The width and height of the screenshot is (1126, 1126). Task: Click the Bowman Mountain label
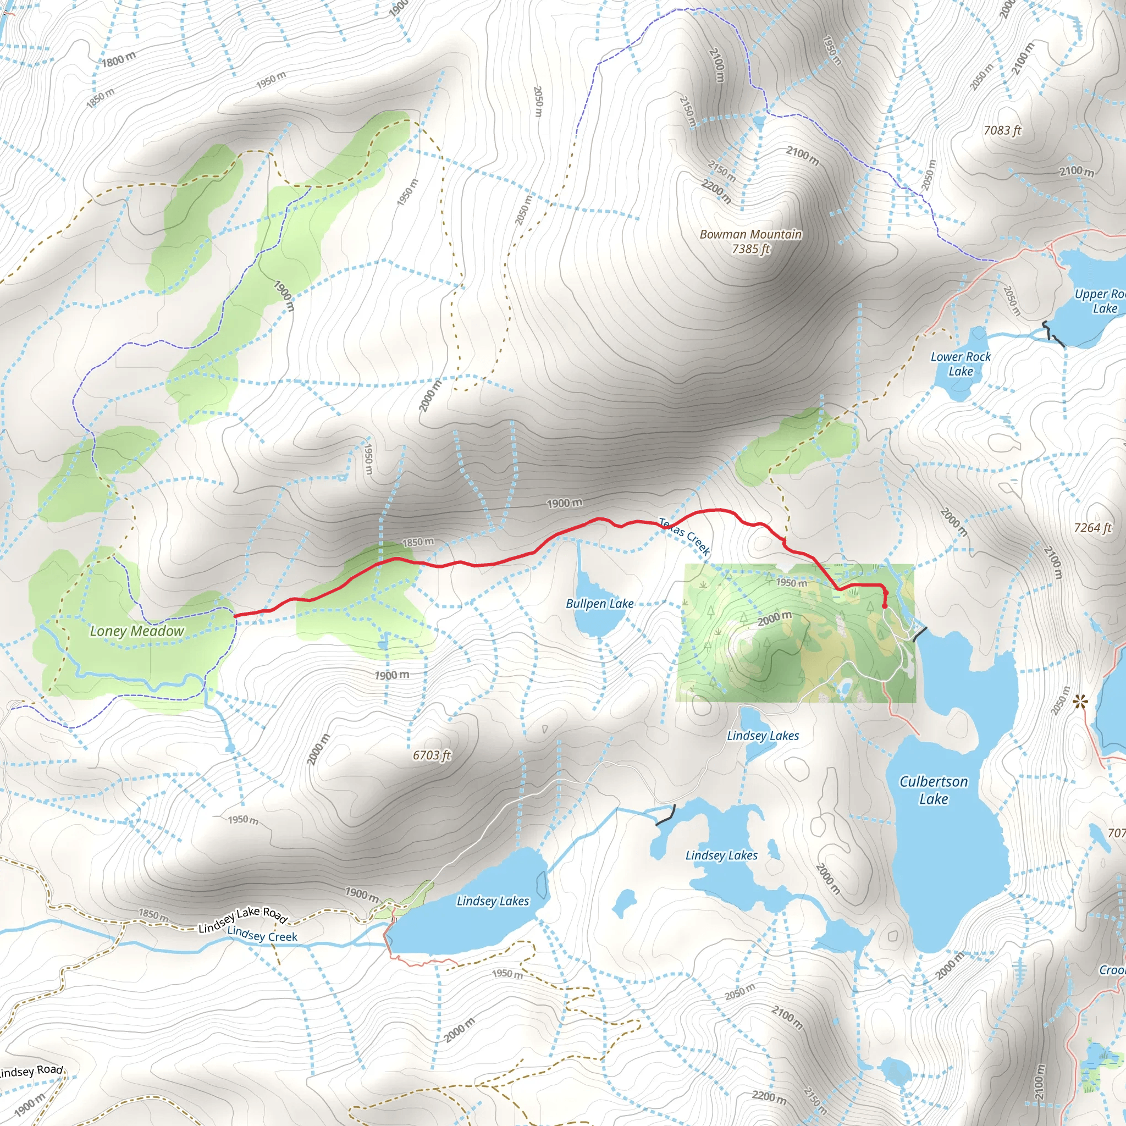[x=750, y=234]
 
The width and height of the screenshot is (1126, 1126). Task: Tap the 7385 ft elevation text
[x=750, y=250]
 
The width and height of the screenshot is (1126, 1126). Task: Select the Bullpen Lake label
[x=600, y=604]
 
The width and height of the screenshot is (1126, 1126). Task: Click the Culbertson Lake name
[x=933, y=790]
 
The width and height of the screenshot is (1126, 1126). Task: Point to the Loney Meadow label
[x=137, y=631]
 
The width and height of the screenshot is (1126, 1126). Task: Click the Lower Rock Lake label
[x=961, y=363]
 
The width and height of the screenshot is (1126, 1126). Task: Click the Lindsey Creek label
[x=262, y=934]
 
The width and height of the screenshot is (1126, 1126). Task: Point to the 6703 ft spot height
[x=432, y=755]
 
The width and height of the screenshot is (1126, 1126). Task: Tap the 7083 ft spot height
[x=1002, y=130]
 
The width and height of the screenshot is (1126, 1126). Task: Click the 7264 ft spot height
[x=1093, y=528]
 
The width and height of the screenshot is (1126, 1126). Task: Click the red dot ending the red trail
[x=885, y=606]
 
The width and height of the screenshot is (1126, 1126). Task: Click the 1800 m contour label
[x=119, y=59]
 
